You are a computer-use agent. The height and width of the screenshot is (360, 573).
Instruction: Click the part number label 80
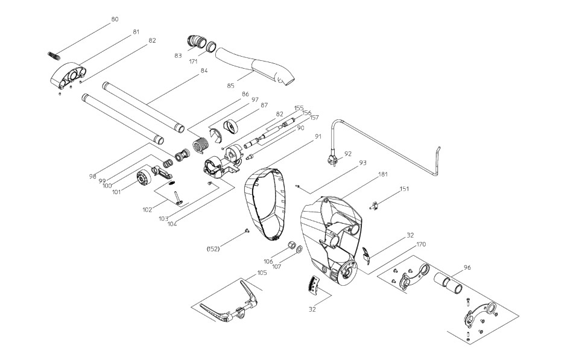point(115,19)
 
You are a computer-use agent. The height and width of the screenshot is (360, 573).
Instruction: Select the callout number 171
point(193,63)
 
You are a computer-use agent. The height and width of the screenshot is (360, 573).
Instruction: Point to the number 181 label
point(382,175)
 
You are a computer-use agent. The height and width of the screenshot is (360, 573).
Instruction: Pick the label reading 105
point(261,273)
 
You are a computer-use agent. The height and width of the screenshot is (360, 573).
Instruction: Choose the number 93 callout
point(362,163)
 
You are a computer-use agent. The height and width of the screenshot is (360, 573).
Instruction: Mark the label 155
point(298,108)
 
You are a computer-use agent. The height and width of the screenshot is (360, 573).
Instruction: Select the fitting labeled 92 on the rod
point(331,160)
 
